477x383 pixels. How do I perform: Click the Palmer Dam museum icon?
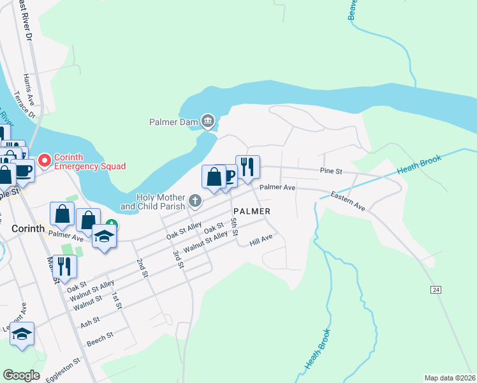[x=208, y=121]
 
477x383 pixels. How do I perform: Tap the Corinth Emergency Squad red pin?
[x=45, y=160]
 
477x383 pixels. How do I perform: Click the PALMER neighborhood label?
[x=252, y=211]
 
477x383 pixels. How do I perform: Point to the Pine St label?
[x=331, y=171]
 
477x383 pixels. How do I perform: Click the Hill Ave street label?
[x=261, y=240]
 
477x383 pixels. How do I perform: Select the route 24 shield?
[x=436, y=290]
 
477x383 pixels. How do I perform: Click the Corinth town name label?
[x=27, y=228]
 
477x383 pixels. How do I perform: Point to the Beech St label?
[x=99, y=338]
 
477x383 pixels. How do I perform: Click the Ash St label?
[x=90, y=321]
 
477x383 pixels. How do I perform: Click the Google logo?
[x=21, y=375]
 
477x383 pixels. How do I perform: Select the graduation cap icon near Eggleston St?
[x=22, y=333]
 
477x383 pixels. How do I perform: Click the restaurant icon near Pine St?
[x=247, y=167]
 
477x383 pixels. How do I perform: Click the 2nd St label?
[x=141, y=267]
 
